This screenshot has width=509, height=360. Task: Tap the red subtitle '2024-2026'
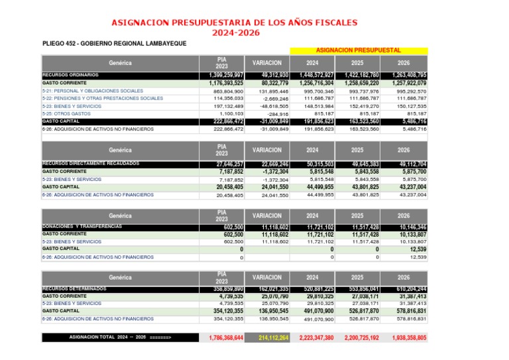click(x=235, y=32)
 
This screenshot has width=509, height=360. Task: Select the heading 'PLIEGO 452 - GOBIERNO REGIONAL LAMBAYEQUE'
click(x=114, y=44)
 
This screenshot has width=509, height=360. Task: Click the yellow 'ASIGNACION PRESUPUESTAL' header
click(x=358, y=50)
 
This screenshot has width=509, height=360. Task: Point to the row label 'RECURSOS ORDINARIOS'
click(x=70, y=75)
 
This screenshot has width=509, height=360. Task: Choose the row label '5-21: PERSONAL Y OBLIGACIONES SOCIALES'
click(x=92, y=91)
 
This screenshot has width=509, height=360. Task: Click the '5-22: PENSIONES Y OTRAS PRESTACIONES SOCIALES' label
click(x=102, y=98)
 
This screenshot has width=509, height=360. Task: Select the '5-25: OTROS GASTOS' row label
click(x=67, y=113)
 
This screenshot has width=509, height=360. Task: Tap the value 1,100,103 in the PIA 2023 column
click(x=231, y=114)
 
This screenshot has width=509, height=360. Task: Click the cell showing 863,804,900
click(x=228, y=91)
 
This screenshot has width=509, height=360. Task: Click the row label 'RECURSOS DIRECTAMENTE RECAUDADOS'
click(x=91, y=163)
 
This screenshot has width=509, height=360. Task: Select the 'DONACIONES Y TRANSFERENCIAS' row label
click(x=82, y=226)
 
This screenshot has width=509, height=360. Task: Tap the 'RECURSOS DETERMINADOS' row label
click(x=74, y=289)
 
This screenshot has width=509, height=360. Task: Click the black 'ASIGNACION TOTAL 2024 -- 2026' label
click(x=120, y=337)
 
